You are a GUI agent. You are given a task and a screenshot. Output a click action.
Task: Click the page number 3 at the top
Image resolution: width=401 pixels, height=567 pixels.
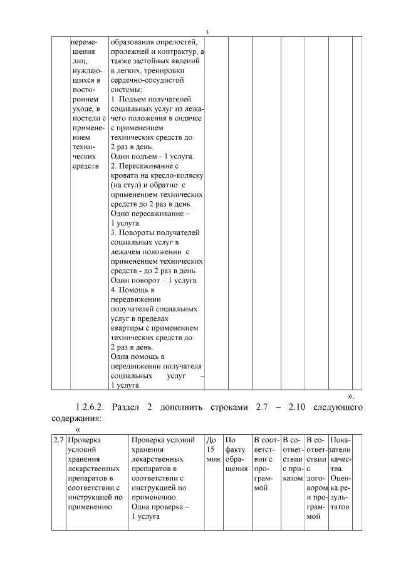(206, 33)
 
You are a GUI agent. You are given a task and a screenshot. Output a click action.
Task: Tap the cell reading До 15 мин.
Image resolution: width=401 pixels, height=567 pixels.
(212, 450)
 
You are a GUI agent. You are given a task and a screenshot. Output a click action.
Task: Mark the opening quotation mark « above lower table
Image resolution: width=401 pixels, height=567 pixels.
(78, 429)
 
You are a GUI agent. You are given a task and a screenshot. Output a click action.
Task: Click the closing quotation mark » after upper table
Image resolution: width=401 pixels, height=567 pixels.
(352, 395)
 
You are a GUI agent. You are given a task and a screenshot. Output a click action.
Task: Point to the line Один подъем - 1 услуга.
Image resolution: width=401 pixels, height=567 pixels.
(152, 156)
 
